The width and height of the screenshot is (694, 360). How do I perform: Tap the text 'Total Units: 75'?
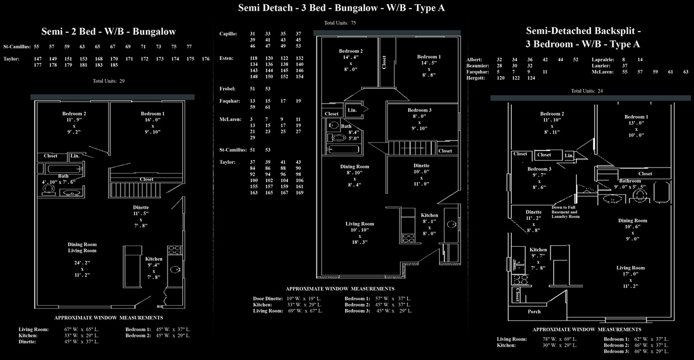click(340, 23)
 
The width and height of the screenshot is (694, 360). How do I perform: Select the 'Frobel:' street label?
click(228, 89)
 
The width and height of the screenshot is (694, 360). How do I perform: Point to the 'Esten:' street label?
click(226, 58)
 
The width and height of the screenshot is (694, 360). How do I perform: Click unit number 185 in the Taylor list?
click(114, 65)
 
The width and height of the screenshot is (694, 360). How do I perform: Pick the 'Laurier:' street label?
click(601, 66)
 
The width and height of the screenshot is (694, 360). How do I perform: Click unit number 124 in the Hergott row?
click(531, 78)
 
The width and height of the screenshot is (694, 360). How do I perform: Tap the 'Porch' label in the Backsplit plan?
click(534, 311)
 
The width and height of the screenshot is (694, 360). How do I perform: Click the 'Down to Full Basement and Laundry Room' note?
click(565, 212)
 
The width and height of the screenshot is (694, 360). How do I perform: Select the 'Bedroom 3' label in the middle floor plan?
click(419, 110)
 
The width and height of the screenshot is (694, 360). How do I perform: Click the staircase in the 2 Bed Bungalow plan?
click(135, 190)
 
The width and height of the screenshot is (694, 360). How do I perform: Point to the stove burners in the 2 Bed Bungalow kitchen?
click(175, 250)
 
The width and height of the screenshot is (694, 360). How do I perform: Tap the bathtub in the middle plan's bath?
click(344, 150)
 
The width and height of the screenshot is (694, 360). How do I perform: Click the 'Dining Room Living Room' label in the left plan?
click(82, 248)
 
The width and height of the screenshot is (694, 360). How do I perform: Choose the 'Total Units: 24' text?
click(587, 91)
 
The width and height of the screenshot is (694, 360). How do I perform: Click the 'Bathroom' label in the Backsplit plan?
click(630, 181)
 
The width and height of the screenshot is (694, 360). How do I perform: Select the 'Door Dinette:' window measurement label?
click(268, 299)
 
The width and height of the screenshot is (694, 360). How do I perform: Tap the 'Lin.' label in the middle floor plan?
click(352, 110)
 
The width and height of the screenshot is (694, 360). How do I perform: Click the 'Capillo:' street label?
click(228, 34)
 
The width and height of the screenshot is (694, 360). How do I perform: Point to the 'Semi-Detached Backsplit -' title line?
click(583, 31)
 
